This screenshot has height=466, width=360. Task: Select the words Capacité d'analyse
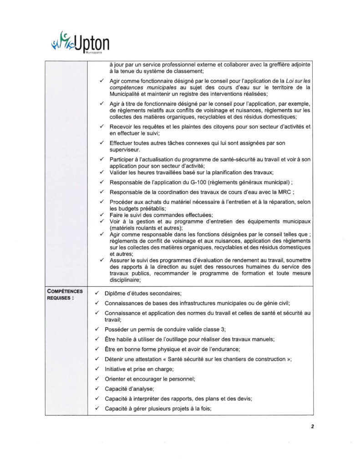(x=129, y=388)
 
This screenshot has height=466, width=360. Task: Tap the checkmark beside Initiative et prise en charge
(x=96, y=369)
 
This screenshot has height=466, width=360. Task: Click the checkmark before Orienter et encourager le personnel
(x=96, y=379)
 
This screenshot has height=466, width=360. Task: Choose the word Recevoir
(x=122, y=126)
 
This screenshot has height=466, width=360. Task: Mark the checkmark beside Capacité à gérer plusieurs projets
(x=96, y=408)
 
